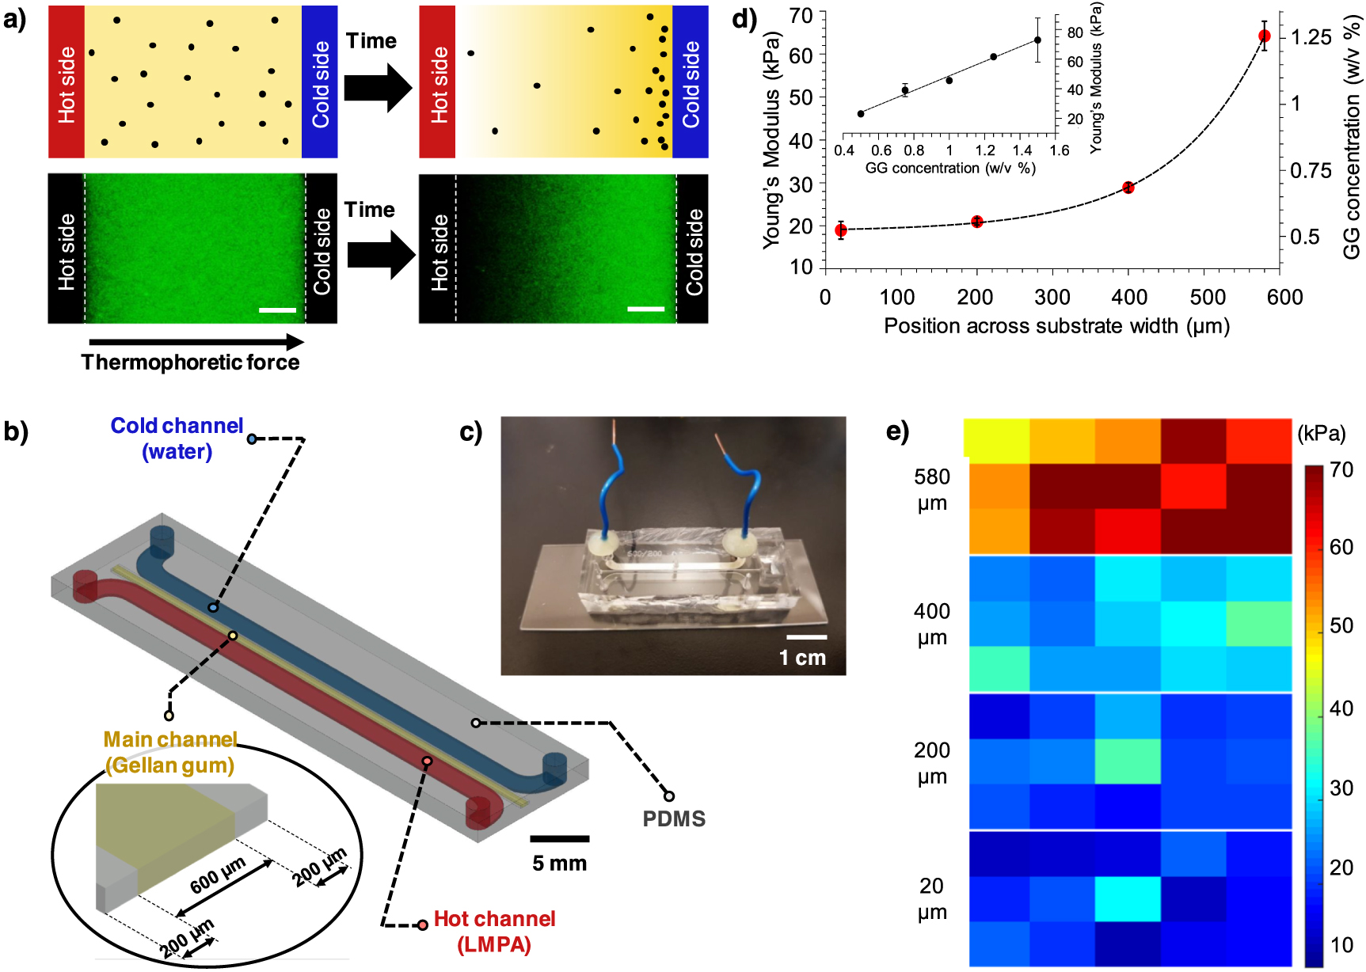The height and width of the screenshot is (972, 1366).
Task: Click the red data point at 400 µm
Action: (1128, 188)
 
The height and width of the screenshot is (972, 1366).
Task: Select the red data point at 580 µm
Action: (1264, 36)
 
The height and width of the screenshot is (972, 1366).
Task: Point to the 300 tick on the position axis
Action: (1052, 298)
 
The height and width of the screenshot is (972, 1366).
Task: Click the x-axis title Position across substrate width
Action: (1056, 326)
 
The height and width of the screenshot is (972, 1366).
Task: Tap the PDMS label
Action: (674, 818)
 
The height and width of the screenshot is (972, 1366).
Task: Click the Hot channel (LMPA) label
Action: (494, 931)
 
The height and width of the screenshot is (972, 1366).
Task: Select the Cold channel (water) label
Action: (177, 438)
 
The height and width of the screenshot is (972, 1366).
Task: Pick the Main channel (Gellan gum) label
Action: (170, 752)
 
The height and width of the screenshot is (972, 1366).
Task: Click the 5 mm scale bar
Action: (559, 839)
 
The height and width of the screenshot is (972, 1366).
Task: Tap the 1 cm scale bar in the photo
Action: (806, 637)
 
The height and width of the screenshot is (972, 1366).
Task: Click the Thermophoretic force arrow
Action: (196, 342)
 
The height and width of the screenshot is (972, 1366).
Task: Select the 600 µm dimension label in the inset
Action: (218, 875)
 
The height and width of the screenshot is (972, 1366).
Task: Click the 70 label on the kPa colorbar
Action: (1341, 469)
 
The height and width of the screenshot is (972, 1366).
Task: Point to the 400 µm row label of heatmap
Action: (932, 624)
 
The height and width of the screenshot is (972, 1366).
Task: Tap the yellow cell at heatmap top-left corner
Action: (996, 439)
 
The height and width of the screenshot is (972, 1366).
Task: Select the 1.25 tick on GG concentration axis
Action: (1311, 37)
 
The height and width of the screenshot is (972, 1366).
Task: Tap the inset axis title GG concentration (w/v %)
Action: (949, 168)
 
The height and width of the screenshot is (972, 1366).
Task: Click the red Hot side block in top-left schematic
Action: (67, 82)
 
